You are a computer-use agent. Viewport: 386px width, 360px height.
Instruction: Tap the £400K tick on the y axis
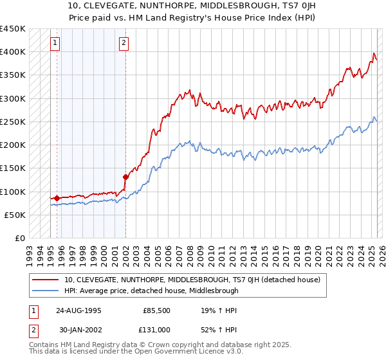(x=13, y=51)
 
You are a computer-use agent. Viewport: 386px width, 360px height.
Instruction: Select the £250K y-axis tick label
(x=13, y=122)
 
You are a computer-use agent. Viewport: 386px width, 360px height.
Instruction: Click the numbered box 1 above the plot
(x=55, y=44)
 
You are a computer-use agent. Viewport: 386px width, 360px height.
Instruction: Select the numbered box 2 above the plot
(x=124, y=44)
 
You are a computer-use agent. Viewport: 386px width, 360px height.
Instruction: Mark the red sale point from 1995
(x=57, y=198)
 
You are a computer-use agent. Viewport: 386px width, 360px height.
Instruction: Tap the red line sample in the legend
(x=45, y=280)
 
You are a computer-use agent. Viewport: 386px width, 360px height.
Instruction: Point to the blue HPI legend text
(x=151, y=291)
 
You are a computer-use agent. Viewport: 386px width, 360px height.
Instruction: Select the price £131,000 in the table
(x=156, y=329)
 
